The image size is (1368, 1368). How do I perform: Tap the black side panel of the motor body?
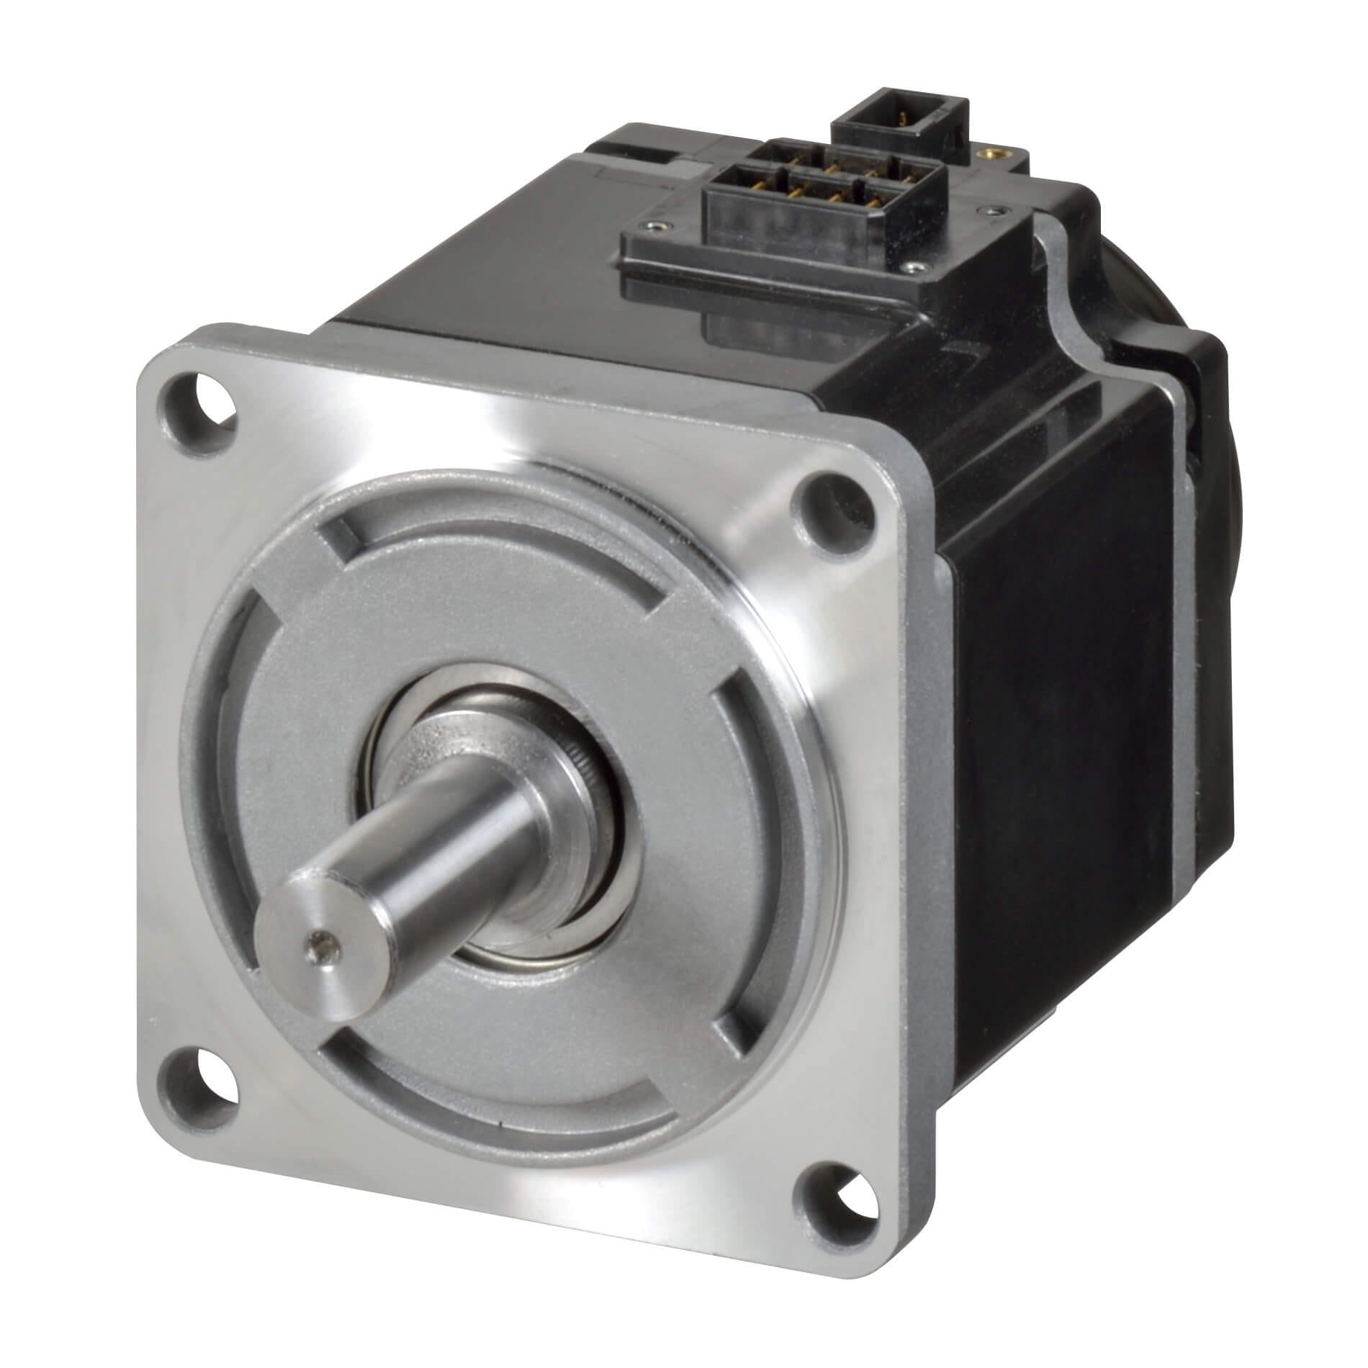1066,720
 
